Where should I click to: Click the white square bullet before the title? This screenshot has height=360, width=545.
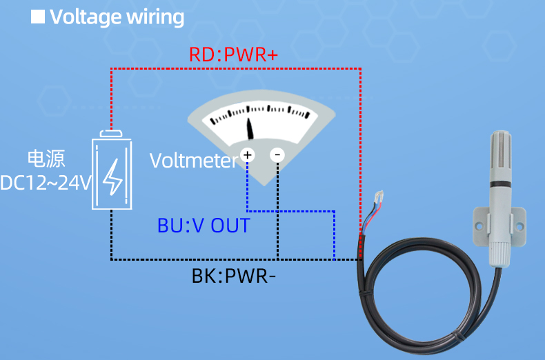click(38, 17)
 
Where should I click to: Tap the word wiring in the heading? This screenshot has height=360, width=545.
click(155, 17)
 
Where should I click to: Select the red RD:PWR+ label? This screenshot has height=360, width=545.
click(233, 55)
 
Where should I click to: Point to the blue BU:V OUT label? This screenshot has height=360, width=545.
click(204, 226)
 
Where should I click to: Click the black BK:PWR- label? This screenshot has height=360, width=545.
click(234, 277)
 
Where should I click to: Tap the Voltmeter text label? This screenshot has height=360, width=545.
click(193, 161)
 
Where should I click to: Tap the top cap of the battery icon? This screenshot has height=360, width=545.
click(112, 134)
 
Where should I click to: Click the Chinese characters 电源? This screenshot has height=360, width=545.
click(46, 159)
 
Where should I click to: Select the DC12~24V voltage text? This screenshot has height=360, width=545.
click(46, 183)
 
